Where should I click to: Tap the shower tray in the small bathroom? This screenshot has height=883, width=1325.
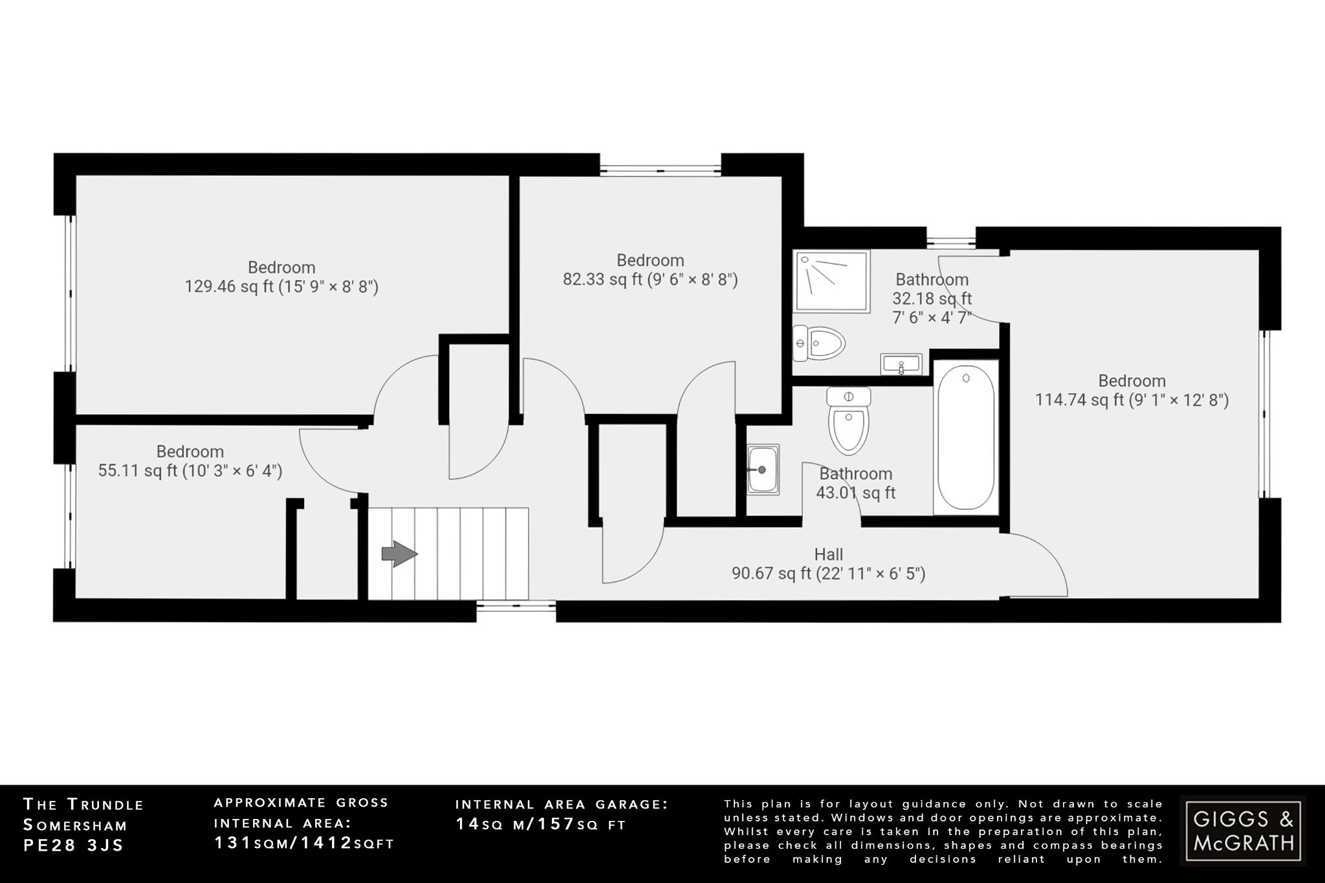click(831, 281)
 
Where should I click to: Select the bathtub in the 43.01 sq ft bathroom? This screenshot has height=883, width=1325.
click(965, 437)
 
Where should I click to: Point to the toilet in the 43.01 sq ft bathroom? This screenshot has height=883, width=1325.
click(848, 421)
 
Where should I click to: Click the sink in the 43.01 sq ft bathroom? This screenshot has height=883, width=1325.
click(763, 470)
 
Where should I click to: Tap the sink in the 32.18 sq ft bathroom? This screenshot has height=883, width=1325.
click(901, 364)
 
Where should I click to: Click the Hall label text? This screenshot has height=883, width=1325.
click(828, 554)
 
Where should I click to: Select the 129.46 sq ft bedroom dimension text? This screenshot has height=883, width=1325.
click(281, 287)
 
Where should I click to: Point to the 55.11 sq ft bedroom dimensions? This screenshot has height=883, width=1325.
click(190, 471)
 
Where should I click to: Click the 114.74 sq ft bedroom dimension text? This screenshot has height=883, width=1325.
click(1132, 400)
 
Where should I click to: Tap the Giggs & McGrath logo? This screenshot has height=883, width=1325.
click(1243, 831)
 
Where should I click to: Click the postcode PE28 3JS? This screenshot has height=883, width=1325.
click(73, 845)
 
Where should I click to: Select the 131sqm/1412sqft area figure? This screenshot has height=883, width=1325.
click(304, 844)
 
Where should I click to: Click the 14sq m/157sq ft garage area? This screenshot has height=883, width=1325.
click(541, 824)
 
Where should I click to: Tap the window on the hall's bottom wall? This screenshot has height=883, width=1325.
click(516, 605)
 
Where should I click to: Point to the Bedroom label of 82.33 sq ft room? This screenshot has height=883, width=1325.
click(650, 260)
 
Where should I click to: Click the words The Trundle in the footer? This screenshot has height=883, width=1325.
click(83, 805)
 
